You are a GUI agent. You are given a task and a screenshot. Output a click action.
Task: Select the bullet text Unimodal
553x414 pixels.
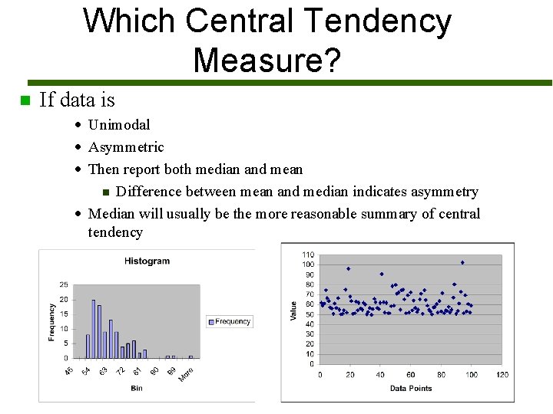[119, 125]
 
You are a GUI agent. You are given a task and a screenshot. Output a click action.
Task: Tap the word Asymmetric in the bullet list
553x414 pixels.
[126, 147]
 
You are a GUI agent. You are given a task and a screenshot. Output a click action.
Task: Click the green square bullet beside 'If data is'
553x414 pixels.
[25, 100]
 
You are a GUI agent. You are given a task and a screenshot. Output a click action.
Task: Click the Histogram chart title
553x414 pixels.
[147, 261]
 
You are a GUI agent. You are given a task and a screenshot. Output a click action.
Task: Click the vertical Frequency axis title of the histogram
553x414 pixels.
[51, 322]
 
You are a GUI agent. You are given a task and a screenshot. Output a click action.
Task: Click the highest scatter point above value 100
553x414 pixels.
[462, 262]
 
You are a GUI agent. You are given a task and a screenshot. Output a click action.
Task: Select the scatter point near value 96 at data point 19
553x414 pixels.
[348, 269]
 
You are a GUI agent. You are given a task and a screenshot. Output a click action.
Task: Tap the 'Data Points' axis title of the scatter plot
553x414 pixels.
[410, 388]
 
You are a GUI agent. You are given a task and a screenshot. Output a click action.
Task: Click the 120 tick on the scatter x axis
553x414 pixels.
[502, 375]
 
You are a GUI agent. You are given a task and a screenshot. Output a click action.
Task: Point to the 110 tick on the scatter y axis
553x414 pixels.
[307, 255]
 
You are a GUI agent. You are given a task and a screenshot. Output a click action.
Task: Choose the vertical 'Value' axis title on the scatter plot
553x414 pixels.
[293, 310]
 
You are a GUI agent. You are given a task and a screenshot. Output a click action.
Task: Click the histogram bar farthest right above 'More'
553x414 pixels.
[190, 356]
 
